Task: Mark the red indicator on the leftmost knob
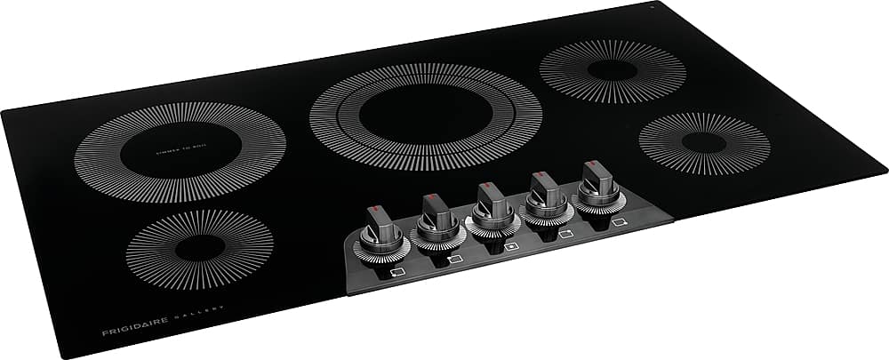372,212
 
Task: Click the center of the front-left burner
199,250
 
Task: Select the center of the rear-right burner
612,71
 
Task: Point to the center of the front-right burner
703,142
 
